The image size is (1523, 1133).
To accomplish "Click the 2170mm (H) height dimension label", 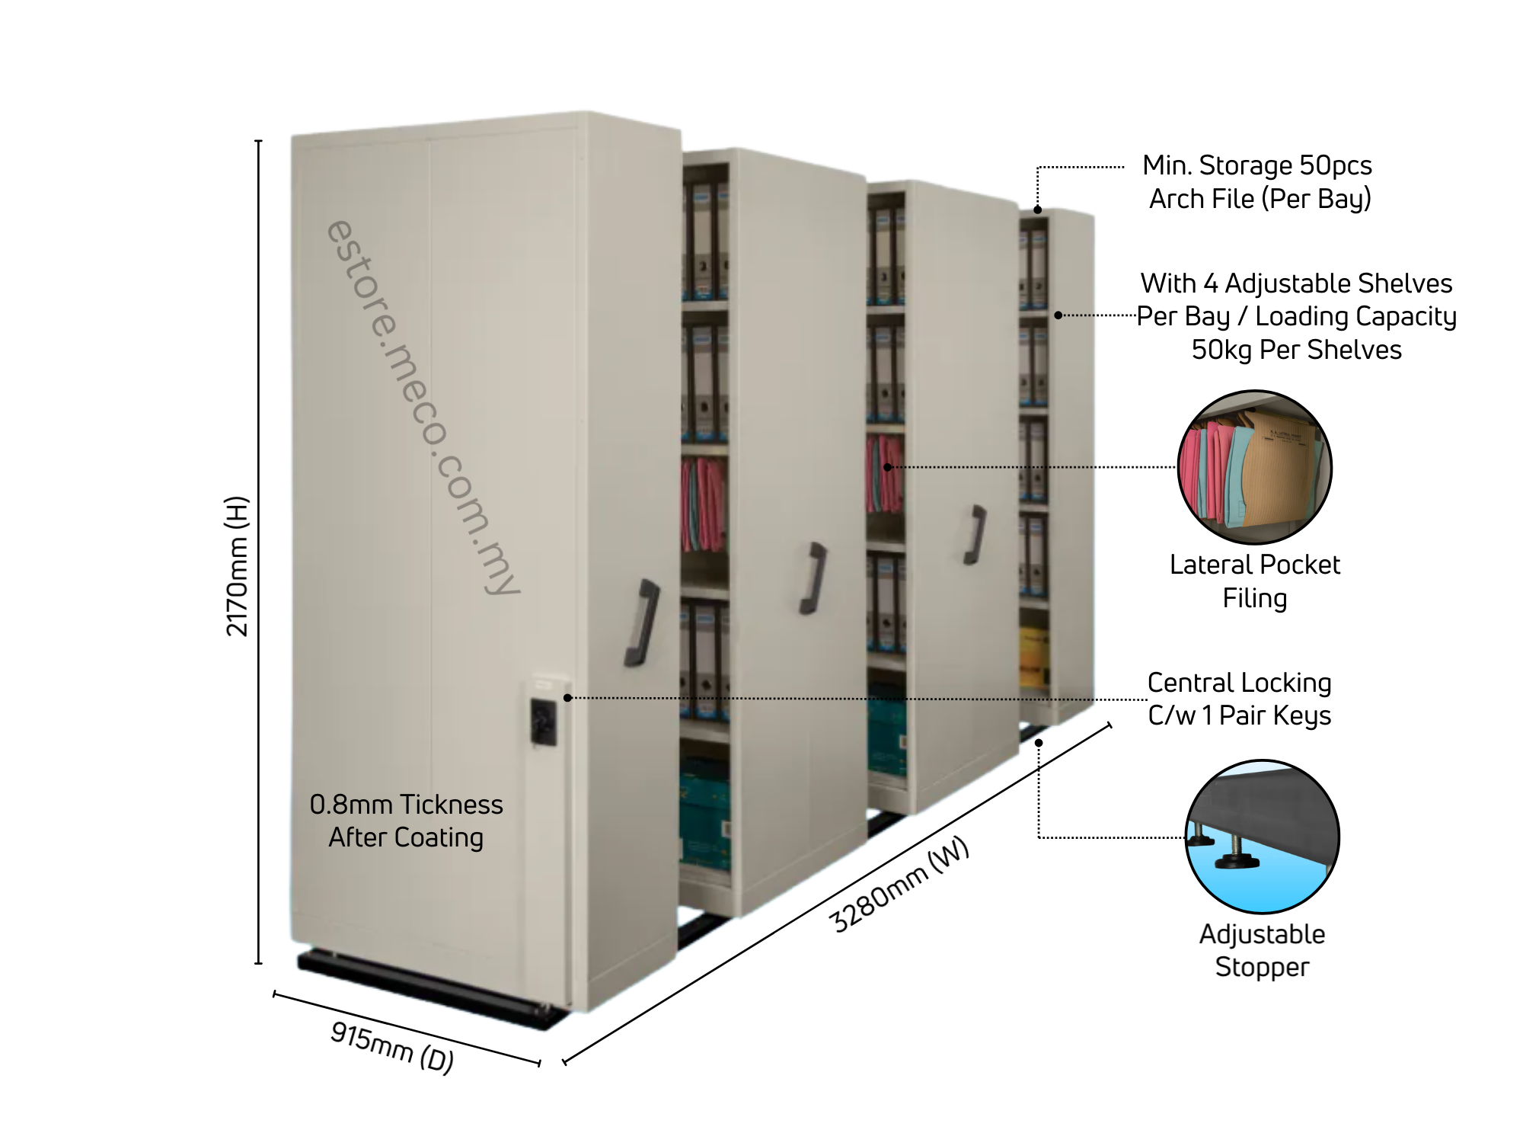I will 238,565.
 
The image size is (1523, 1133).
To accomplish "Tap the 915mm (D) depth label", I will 392,1047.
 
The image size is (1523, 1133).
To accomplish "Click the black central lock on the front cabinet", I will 543,720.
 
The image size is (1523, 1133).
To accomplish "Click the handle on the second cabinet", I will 813,578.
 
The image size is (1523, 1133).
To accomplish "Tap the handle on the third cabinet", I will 975,534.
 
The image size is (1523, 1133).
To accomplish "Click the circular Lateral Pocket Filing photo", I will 1254,467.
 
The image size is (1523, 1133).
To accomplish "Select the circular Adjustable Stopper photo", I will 1262,836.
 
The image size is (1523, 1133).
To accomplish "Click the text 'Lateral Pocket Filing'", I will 1255,581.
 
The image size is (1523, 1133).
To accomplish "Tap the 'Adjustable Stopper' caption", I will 1262,950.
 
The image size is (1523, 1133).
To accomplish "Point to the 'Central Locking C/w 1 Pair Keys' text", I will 1239,699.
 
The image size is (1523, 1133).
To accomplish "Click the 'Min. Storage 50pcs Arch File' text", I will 1258,181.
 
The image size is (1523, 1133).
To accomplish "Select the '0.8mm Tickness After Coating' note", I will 406,821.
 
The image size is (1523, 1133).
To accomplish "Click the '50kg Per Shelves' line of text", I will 1296,350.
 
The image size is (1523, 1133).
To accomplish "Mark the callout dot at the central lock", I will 567,697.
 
